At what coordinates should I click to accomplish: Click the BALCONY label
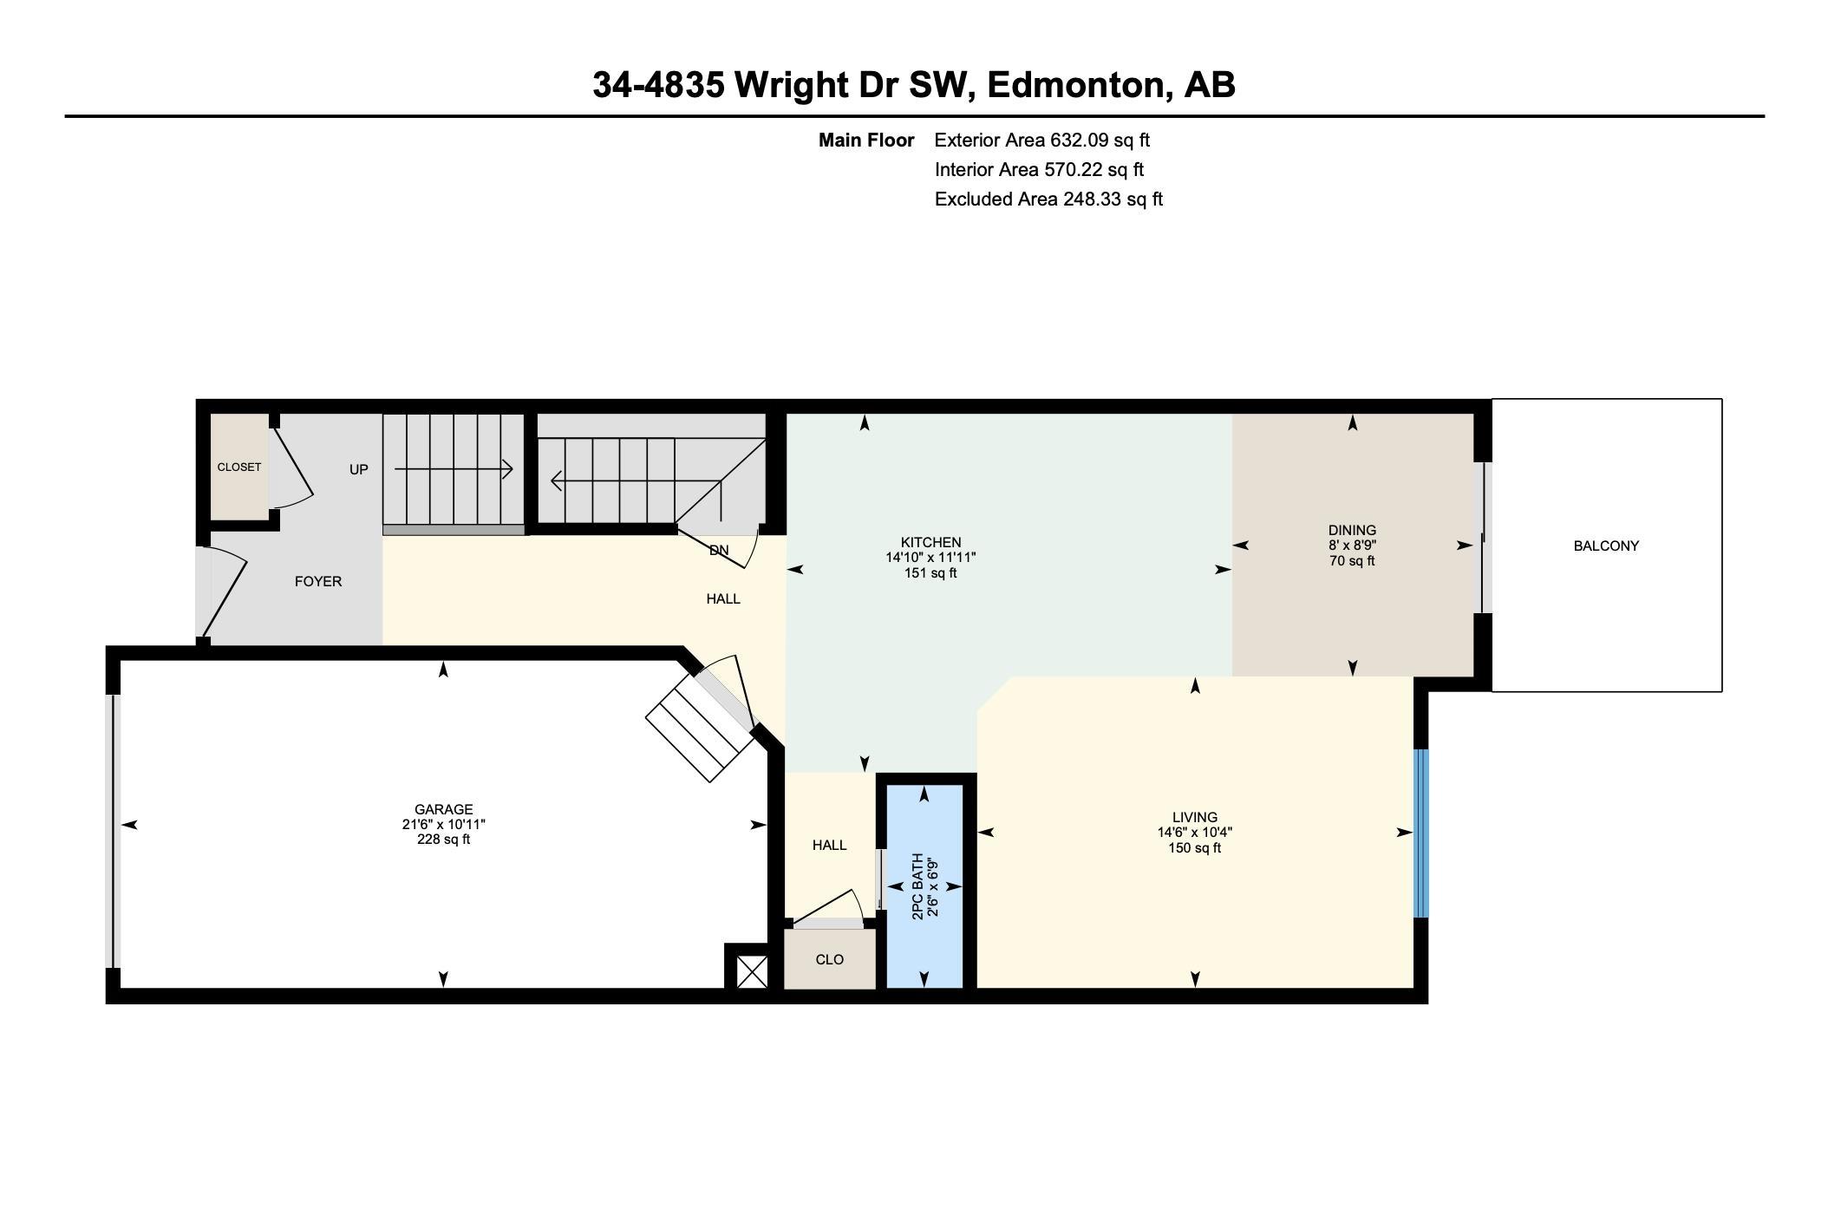tap(1605, 546)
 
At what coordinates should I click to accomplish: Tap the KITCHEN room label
tap(930, 543)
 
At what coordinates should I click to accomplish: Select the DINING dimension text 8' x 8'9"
tap(1352, 546)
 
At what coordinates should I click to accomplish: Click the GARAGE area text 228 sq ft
tap(443, 839)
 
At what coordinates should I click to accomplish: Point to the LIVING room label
tap(1194, 817)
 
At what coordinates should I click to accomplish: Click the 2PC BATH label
tap(917, 886)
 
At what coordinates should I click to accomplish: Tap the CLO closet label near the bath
tap(829, 959)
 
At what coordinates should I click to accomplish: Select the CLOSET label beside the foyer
tap(238, 467)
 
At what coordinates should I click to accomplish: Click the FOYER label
tap(317, 581)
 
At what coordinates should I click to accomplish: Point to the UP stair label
tap(358, 469)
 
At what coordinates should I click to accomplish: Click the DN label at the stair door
tap(719, 550)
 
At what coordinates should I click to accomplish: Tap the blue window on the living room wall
tap(1420, 833)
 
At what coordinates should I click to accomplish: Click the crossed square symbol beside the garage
tap(752, 971)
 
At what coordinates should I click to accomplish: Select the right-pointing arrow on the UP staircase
tap(454, 469)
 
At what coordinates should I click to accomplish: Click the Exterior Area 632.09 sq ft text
tap(1041, 140)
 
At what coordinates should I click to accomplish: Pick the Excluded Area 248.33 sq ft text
tap(1048, 199)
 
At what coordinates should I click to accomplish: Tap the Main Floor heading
tap(865, 140)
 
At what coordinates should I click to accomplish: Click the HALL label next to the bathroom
tap(829, 845)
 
